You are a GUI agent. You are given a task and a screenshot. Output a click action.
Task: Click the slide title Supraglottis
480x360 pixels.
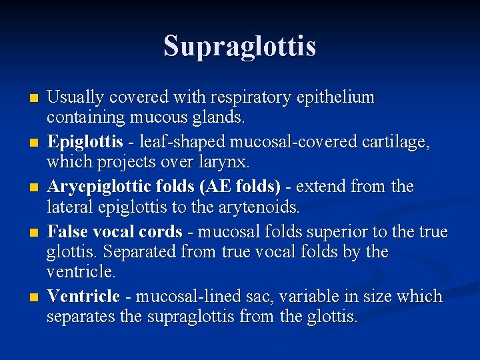[240, 46]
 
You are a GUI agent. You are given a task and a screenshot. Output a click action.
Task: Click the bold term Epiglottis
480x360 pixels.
[85, 141]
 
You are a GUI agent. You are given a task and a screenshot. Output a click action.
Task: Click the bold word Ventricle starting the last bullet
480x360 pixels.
[83, 295]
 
